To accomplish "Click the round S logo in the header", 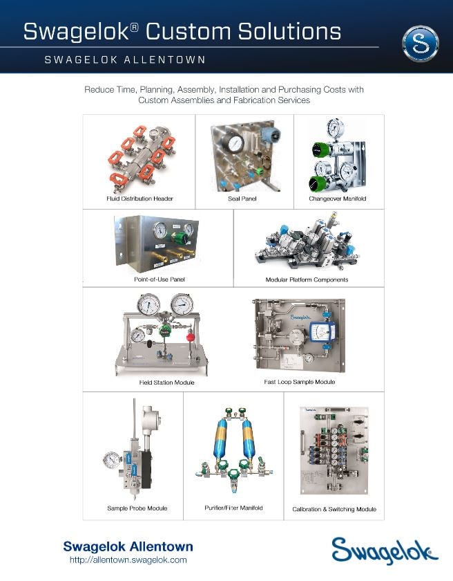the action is pos(421,43).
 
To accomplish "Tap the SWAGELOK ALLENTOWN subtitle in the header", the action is pos(125,59).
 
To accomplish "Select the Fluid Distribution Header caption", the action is pos(139,199).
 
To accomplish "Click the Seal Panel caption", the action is pos(242,199).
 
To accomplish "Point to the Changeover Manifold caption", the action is pos(337,199).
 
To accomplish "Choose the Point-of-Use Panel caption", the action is pos(160,279).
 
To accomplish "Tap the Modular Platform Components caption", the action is pos(307,279).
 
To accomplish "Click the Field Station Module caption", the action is pos(167,382).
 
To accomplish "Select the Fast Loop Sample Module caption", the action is pos(300,382).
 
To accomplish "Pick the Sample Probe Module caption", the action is pos(137,508).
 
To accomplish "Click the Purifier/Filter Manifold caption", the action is pos(233,508).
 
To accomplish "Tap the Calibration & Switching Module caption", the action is pos(334,509).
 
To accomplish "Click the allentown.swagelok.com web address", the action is pos(128,560).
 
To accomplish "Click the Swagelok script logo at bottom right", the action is pos(385,551).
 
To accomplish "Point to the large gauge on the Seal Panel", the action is pos(235,143).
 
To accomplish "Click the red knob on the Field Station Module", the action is pos(191,338).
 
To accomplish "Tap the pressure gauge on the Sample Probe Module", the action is pos(112,461).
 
